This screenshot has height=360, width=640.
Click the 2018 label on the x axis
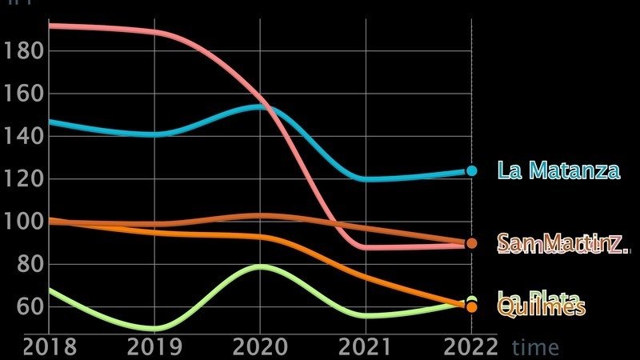pyautogui.click(x=50, y=346)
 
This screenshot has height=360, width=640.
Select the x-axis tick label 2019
pyautogui.click(x=154, y=346)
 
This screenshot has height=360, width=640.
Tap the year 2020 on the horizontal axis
pyautogui.click(x=260, y=346)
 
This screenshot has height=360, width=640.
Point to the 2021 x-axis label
pyautogui.click(x=366, y=346)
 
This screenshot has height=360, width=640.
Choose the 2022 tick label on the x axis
pyautogui.click(x=471, y=346)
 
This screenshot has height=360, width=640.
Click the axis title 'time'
pyautogui.click(x=535, y=347)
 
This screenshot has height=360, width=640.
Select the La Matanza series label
pyautogui.click(x=558, y=170)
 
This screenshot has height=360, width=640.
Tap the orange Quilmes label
pyautogui.click(x=542, y=308)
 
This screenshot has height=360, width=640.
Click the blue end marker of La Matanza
pyautogui.click(x=471, y=170)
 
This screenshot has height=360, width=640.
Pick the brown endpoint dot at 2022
pyautogui.click(x=471, y=243)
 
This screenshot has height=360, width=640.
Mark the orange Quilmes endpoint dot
pyautogui.click(x=471, y=307)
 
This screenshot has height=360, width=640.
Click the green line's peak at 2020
pyautogui.click(x=260, y=266)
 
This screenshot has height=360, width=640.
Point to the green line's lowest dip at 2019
pyautogui.click(x=154, y=328)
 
